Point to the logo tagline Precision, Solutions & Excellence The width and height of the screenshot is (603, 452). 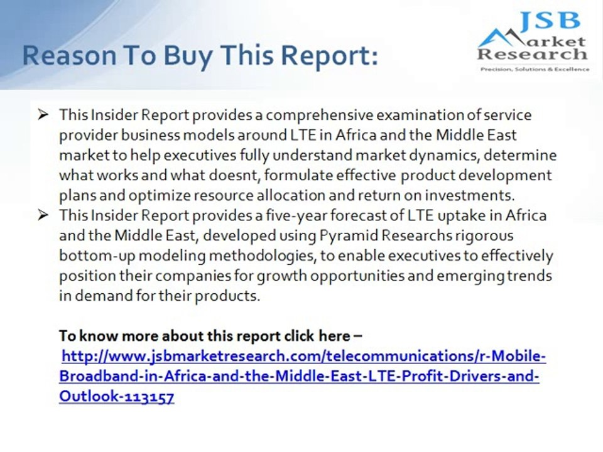pos(534,70)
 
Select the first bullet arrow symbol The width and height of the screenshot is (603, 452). pos(43,114)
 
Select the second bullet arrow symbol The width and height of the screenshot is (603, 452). pos(43,215)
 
